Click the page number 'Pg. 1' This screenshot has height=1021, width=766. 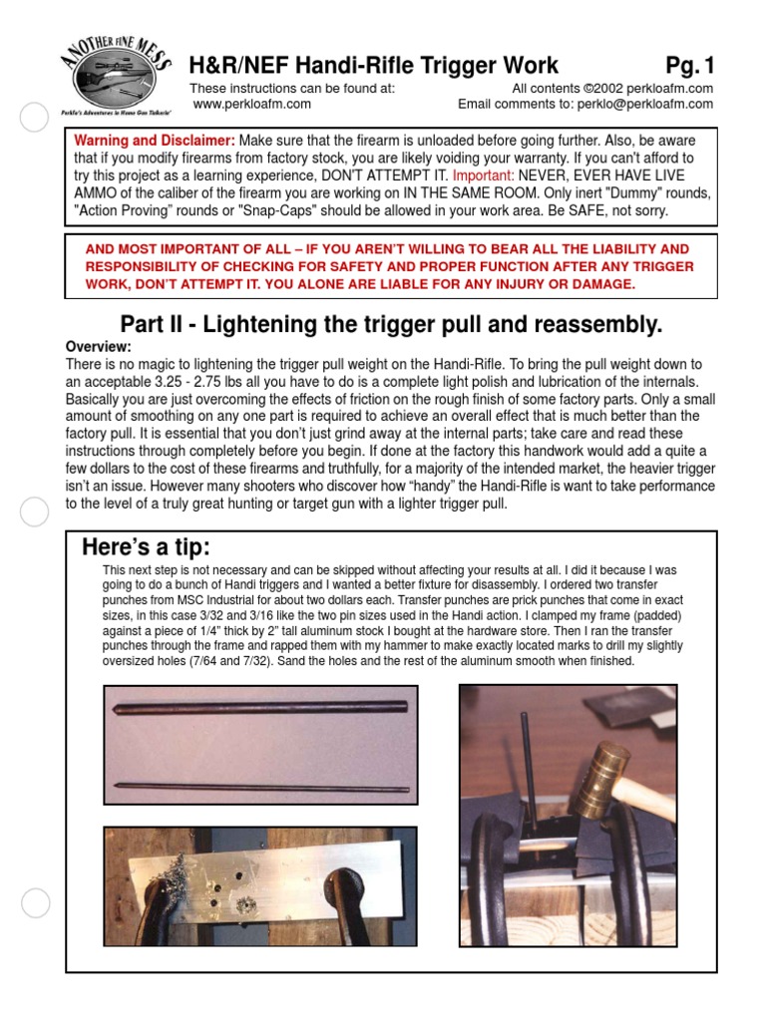(x=690, y=66)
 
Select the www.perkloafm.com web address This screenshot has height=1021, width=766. (x=251, y=103)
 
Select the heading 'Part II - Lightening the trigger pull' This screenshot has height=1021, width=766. (x=391, y=324)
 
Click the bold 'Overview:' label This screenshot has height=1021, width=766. (x=98, y=346)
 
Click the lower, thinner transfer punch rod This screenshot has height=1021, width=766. (x=261, y=785)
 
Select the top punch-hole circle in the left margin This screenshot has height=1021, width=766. (x=35, y=118)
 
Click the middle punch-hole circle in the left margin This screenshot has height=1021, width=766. (x=35, y=512)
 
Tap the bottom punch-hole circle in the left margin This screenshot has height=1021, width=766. (x=35, y=904)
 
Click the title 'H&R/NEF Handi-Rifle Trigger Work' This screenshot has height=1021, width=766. (x=374, y=66)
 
